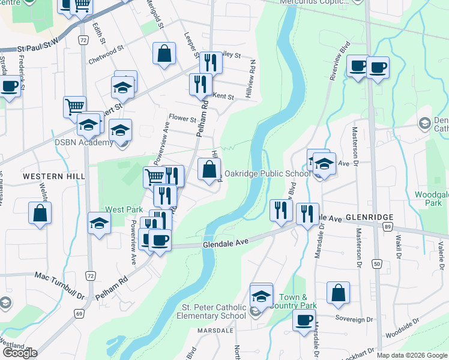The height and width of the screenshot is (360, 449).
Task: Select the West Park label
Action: pyautogui.click(x=124, y=209)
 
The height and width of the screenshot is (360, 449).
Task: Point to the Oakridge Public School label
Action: pyautogui.click(x=267, y=174)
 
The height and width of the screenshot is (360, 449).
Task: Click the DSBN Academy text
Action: pyautogui.click(x=84, y=142)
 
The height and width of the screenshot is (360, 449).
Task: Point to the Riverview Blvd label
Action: pyautogui.click(x=339, y=61)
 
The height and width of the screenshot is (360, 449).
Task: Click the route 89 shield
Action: pyautogui.click(x=388, y=226)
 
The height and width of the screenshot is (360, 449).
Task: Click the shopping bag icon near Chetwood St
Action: pyautogui.click(x=164, y=53)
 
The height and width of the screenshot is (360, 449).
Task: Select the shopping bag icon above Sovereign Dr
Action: pyautogui.click(x=339, y=293)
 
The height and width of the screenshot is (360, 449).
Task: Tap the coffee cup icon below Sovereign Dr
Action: pyautogui.click(x=304, y=320)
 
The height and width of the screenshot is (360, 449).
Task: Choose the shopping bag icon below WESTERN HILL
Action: pyautogui.click(x=40, y=213)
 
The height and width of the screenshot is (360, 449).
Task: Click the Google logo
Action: pyautogui.click(x=20, y=353)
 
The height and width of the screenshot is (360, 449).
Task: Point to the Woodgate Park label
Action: pyautogui.click(x=431, y=199)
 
